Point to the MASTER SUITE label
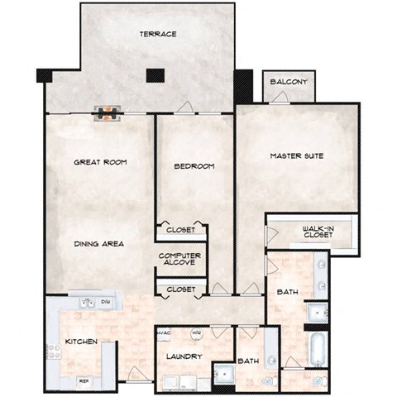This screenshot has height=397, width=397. [296, 155]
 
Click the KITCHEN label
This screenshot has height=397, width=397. [82, 341]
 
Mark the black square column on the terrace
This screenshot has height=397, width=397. [152, 75]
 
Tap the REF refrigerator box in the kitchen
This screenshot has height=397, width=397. [83, 380]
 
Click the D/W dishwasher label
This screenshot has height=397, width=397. [105, 303]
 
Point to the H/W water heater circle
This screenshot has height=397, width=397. [197, 334]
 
